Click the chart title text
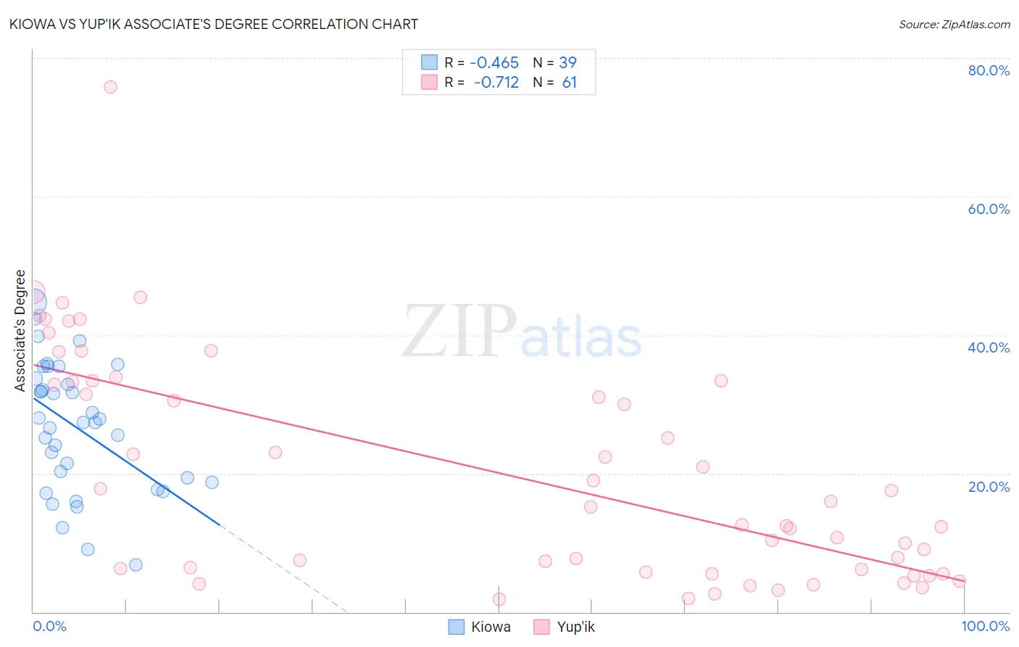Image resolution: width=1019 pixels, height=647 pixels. (213, 24)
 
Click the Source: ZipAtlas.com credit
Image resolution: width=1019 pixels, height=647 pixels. (954, 24)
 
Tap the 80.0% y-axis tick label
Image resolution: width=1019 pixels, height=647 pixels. (989, 70)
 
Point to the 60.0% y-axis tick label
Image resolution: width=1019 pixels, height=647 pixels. (989, 209)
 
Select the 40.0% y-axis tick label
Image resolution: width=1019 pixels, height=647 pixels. (989, 347)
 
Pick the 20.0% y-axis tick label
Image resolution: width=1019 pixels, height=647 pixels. (989, 487)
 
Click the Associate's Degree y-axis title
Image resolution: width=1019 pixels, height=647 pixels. (20, 331)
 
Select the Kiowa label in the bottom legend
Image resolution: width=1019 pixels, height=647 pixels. (491, 627)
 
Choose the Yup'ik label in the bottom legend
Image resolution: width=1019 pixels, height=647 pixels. (575, 627)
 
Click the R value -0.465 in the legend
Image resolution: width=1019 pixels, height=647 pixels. (494, 63)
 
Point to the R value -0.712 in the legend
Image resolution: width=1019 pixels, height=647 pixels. (496, 83)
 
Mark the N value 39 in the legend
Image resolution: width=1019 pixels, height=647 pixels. (567, 63)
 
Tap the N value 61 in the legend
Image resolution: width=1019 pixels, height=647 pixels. (569, 83)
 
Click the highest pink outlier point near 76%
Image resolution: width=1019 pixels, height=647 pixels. (110, 87)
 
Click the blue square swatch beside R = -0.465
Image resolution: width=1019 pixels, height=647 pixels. (429, 62)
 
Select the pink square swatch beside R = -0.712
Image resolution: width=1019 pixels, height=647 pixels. (429, 82)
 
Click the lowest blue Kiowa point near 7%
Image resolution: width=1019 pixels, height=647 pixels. (136, 565)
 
